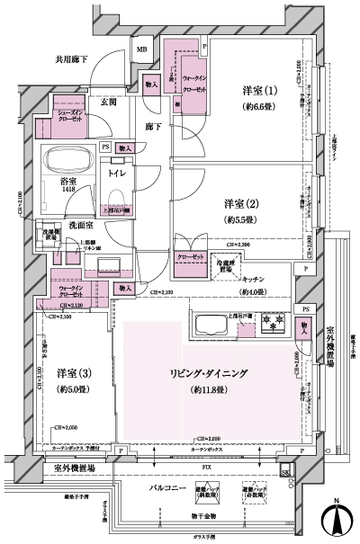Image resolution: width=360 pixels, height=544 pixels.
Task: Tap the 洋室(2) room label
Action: coord(240,205)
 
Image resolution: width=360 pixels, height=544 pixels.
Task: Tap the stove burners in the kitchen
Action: coord(272,320)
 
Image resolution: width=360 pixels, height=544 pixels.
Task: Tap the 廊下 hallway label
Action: coord(154,129)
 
